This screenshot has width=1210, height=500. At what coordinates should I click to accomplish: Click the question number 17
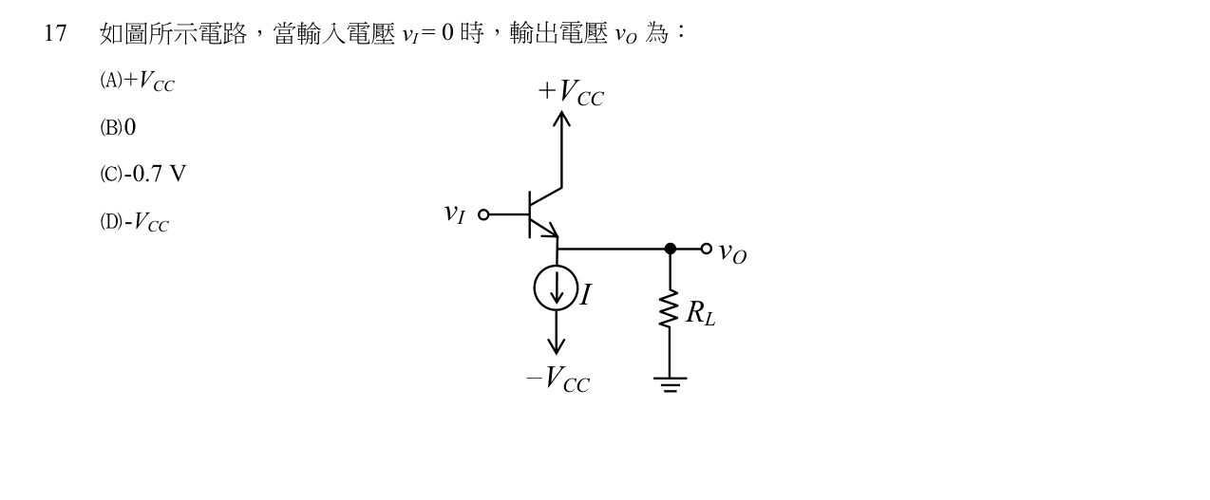point(55,33)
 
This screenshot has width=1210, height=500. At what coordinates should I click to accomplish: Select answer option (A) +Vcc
point(137,82)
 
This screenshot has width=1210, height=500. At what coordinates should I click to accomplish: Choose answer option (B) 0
point(118,128)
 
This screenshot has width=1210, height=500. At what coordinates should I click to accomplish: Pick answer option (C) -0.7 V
point(143,175)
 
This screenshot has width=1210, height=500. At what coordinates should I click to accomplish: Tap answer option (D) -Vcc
point(135,222)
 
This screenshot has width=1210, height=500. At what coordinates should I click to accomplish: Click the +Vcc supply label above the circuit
point(571,92)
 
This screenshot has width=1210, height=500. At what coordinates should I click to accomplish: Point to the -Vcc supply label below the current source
point(558,379)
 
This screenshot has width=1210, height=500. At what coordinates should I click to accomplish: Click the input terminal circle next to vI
point(483,214)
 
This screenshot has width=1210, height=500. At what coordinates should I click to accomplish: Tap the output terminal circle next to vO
point(706,249)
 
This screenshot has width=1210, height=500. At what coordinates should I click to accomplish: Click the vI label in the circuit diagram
point(455,214)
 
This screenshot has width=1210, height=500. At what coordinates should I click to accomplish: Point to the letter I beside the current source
point(586,294)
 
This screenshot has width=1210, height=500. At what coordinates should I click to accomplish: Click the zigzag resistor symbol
point(670,308)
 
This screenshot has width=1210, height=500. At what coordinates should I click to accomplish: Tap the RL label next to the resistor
point(700,313)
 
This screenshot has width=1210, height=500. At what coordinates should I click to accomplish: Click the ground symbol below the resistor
point(670,384)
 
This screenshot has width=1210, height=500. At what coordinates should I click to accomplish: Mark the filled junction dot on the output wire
point(671,249)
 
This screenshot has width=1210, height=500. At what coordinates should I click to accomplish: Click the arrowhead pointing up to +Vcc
point(562,119)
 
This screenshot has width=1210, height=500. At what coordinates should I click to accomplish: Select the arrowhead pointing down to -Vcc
point(557,346)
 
